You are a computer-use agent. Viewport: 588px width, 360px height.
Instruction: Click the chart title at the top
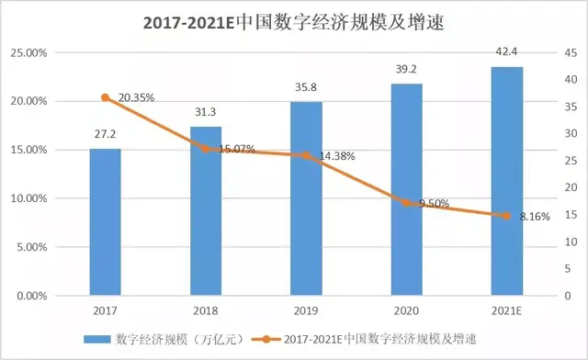pyautogui.click(x=293, y=22)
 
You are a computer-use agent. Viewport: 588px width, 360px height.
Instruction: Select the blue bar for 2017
pyautogui.click(x=105, y=221)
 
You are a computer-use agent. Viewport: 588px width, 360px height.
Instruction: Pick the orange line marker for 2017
pyautogui.click(x=105, y=97)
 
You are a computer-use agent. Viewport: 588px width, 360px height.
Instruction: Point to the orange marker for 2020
pyautogui.click(x=407, y=202)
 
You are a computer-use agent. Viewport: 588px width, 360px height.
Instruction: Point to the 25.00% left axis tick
pyautogui.click(x=28, y=52)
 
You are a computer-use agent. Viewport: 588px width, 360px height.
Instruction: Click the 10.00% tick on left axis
pyautogui.click(x=28, y=198)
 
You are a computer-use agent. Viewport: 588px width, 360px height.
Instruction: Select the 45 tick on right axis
pyautogui.click(x=570, y=52)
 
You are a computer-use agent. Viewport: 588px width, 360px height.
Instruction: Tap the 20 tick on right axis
pyautogui.click(x=570, y=188)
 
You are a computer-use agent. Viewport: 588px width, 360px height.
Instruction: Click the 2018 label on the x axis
pyautogui.click(x=206, y=311)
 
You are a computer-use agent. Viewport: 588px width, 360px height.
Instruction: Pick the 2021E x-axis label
pyautogui.click(x=507, y=311)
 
